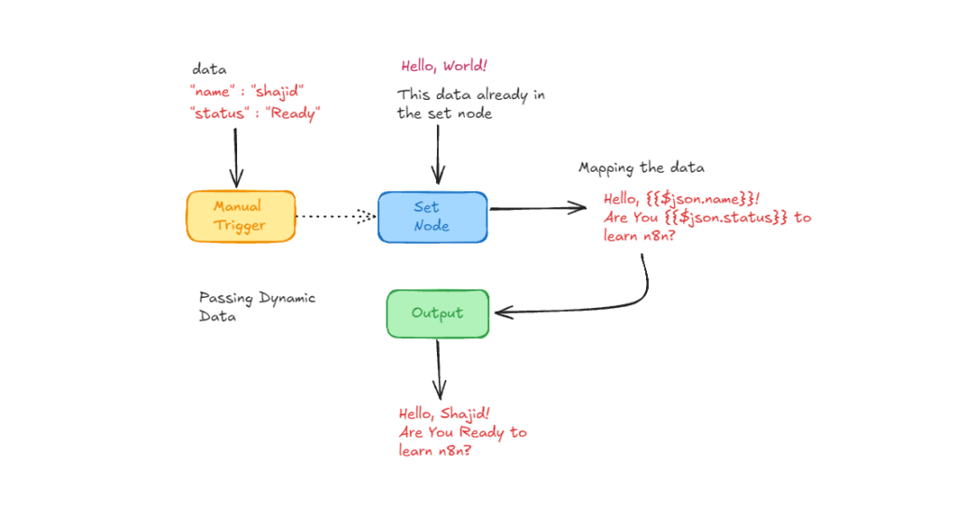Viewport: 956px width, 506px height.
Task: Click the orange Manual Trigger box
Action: [240, 217]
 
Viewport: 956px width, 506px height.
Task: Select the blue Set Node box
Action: [432, 217]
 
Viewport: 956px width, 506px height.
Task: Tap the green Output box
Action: [437, 314]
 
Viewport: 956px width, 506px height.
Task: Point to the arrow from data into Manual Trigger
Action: [235, 156]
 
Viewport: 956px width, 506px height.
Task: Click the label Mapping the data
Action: [641, 168]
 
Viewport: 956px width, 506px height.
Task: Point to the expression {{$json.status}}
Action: [733, 218]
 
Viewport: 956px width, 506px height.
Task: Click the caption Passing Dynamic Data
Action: [257, 307]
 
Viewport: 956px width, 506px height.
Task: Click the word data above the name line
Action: [208, 69]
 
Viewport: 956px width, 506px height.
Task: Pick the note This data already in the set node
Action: [471, 104]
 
